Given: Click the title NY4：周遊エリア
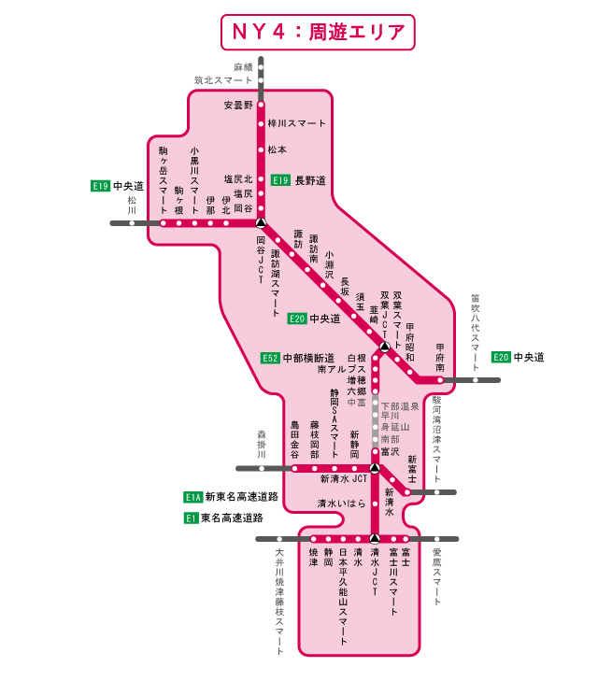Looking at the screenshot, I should click(x=317, y=31).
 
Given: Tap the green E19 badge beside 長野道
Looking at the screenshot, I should click(x=280, y=179).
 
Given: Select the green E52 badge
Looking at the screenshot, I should click(x=271, y=357).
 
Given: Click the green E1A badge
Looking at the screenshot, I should click(x=192, y=497).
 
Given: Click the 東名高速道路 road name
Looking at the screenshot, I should click(x=232, y=517).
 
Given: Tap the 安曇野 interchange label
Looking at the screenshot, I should click(x=238, y=105).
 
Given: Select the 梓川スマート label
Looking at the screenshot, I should click(x=296, y=123).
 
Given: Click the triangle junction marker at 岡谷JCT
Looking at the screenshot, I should click(x=262, y=223).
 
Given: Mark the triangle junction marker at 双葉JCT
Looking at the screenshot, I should click(x=383, y=348).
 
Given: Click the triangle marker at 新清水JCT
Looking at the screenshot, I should click(x=374, y=467).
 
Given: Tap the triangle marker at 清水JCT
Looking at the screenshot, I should click(x=374, y=538).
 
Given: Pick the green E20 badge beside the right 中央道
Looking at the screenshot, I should click(x=502, y=357).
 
